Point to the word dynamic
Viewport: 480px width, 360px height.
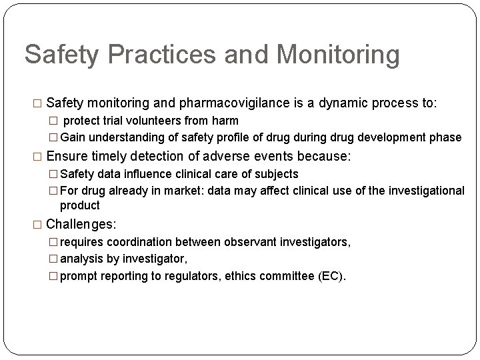tap(337, 103)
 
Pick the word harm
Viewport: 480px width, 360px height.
tap(225, 121)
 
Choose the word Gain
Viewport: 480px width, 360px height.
tap(73, 137)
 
